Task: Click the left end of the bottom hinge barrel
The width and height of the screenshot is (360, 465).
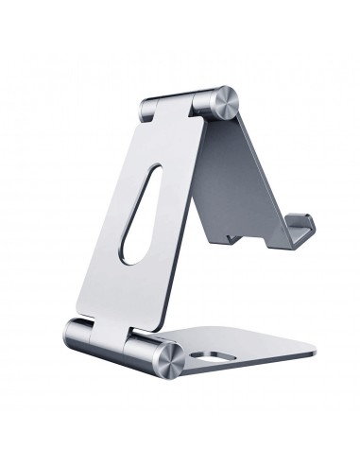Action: point(75,333)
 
